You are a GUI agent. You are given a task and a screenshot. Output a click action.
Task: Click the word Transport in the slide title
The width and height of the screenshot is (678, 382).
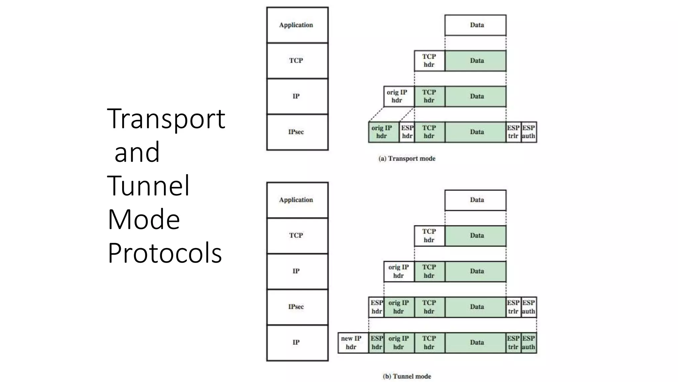(166, 119)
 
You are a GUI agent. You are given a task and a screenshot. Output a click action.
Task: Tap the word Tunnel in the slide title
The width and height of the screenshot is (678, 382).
(149, 186)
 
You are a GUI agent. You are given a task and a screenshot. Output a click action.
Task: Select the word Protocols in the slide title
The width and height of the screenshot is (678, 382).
(165, 253)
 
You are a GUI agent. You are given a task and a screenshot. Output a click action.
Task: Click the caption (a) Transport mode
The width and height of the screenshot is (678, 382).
(407, 159)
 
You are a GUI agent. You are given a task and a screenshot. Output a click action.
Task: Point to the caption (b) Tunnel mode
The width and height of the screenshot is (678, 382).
(407, 376)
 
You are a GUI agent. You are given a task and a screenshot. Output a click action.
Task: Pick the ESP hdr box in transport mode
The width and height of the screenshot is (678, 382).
(407, 132)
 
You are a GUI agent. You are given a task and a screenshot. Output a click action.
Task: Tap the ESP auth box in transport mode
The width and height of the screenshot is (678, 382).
(529, 132)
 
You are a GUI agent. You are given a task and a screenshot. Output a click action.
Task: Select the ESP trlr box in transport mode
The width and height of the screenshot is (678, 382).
(513, 132)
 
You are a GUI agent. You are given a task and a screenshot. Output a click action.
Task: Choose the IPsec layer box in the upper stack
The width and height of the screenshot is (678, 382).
(297, 132)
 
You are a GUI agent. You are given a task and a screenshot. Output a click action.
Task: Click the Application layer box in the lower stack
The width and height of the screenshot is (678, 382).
(297, 200)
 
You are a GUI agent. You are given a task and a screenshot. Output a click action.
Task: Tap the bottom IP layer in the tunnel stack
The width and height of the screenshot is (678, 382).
(297, 343)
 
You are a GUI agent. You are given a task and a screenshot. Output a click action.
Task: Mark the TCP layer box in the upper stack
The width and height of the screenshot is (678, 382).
(297, 61)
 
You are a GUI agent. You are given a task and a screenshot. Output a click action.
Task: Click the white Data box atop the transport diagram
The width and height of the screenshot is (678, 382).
(475, 25)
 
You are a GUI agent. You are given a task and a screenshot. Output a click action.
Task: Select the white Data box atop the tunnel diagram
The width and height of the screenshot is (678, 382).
(475, 200)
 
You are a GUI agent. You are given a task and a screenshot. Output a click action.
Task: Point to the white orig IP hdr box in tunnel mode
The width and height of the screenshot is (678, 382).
(399, 272)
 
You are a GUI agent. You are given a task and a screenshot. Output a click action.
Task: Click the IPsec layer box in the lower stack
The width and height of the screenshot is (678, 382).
(297, 307)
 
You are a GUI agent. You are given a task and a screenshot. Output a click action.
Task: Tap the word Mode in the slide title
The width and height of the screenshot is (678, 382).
(144, 220)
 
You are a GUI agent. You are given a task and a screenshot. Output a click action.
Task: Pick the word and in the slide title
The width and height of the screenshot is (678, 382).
(137, 152)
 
